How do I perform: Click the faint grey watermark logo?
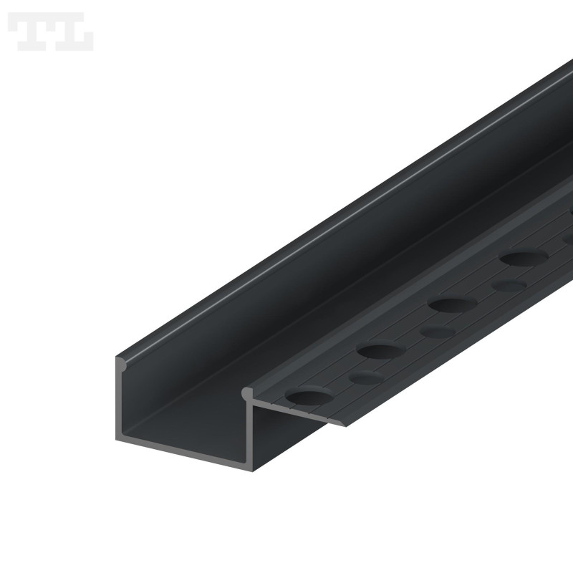[50, 32]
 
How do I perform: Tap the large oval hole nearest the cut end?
[309, 395]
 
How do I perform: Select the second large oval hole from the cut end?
[380, 351]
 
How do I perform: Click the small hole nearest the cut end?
[366, 377]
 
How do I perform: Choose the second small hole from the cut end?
[438, 332]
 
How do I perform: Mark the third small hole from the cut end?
[509, 286]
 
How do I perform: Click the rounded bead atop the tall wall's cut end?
[122, 364]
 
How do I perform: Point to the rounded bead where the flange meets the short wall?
[248, 393]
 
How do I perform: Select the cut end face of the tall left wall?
[120, 401]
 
